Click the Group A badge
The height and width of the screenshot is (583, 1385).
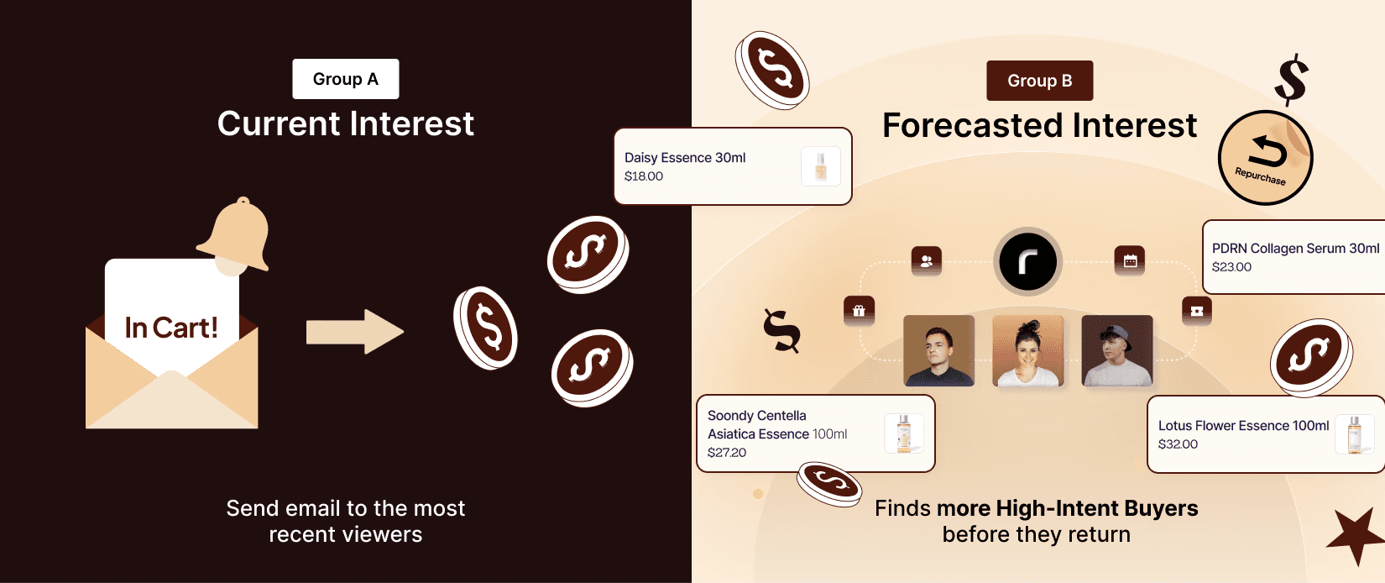coord(346,79)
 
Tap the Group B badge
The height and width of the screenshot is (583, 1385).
coord(1039,81)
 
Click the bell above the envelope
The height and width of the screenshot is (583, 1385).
coord(236,236)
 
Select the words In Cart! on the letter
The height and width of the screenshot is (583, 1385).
coord(171,328)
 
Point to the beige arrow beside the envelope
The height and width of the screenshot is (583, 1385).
coord(355,332)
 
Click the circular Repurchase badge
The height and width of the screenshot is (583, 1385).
coord(1265,157)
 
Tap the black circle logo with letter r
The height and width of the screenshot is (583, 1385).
coord(1027,261)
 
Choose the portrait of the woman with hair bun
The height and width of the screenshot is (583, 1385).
coord(1027,351)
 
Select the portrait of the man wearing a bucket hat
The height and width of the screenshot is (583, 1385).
coord(1116,351)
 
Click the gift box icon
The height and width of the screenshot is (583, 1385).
coord(859,311)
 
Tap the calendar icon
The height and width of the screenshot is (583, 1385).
coord(1130,260)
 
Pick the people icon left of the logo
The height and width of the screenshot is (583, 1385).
coord(926,261)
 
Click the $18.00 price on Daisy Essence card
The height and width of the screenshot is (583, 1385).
coord(644,176)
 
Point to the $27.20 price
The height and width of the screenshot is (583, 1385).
coord(727,453)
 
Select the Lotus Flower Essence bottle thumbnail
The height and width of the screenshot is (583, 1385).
coord(1354,433)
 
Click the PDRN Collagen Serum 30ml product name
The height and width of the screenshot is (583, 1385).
coord(1295,248)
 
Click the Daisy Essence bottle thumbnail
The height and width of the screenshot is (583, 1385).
coord(820,166)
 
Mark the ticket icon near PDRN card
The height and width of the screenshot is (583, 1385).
coord(1196,311)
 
